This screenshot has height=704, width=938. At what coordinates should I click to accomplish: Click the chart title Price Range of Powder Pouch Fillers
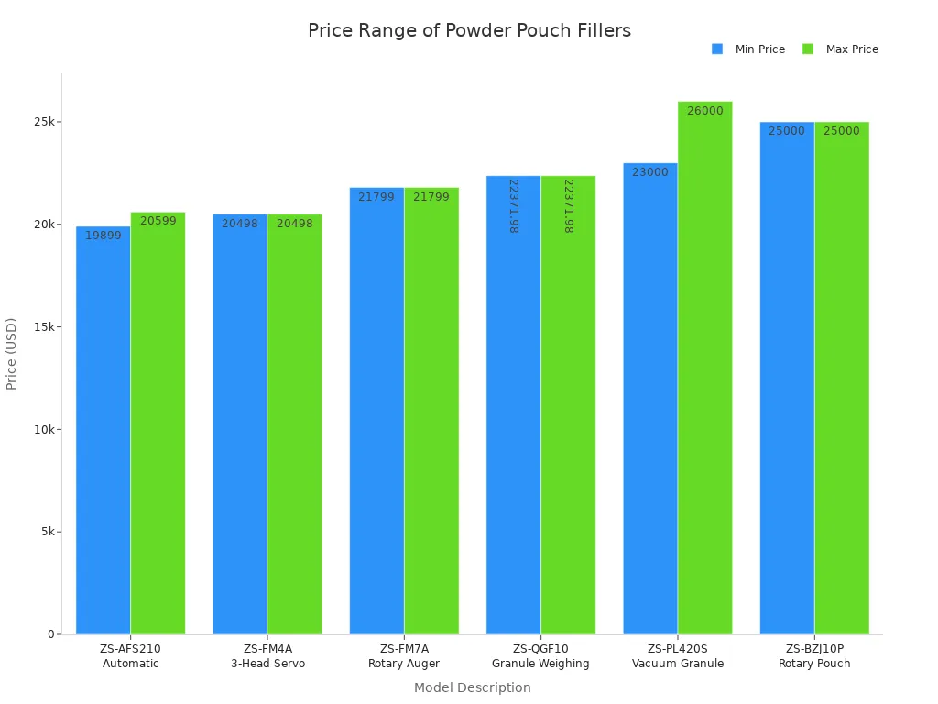click(x=469, y=31)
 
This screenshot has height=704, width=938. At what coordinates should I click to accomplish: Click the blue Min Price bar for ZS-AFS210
click(x=103, y=431)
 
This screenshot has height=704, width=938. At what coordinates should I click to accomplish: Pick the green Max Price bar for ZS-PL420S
click(x=704, y=368)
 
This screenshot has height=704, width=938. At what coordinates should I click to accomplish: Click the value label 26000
click(x=704, y=111)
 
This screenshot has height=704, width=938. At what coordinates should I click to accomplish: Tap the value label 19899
click(x=103, y=236)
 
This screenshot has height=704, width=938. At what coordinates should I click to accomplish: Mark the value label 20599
click(x=158, y=221)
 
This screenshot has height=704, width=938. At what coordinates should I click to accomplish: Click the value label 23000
click(x=650, y=172)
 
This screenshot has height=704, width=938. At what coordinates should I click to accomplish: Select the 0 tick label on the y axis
click(x=51, y=634)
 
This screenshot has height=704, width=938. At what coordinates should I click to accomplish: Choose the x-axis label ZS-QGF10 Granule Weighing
click(x=540, y=656)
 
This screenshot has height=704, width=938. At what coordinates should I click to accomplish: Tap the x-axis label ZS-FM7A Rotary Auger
click(x=404, y=656)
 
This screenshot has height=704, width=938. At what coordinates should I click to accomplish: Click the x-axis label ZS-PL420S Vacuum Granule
click(x=677, y=656)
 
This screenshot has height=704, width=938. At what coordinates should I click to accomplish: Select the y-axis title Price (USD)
click(x=12, y=354)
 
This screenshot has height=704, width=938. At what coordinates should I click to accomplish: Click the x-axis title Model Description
click(x=472, y=687)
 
